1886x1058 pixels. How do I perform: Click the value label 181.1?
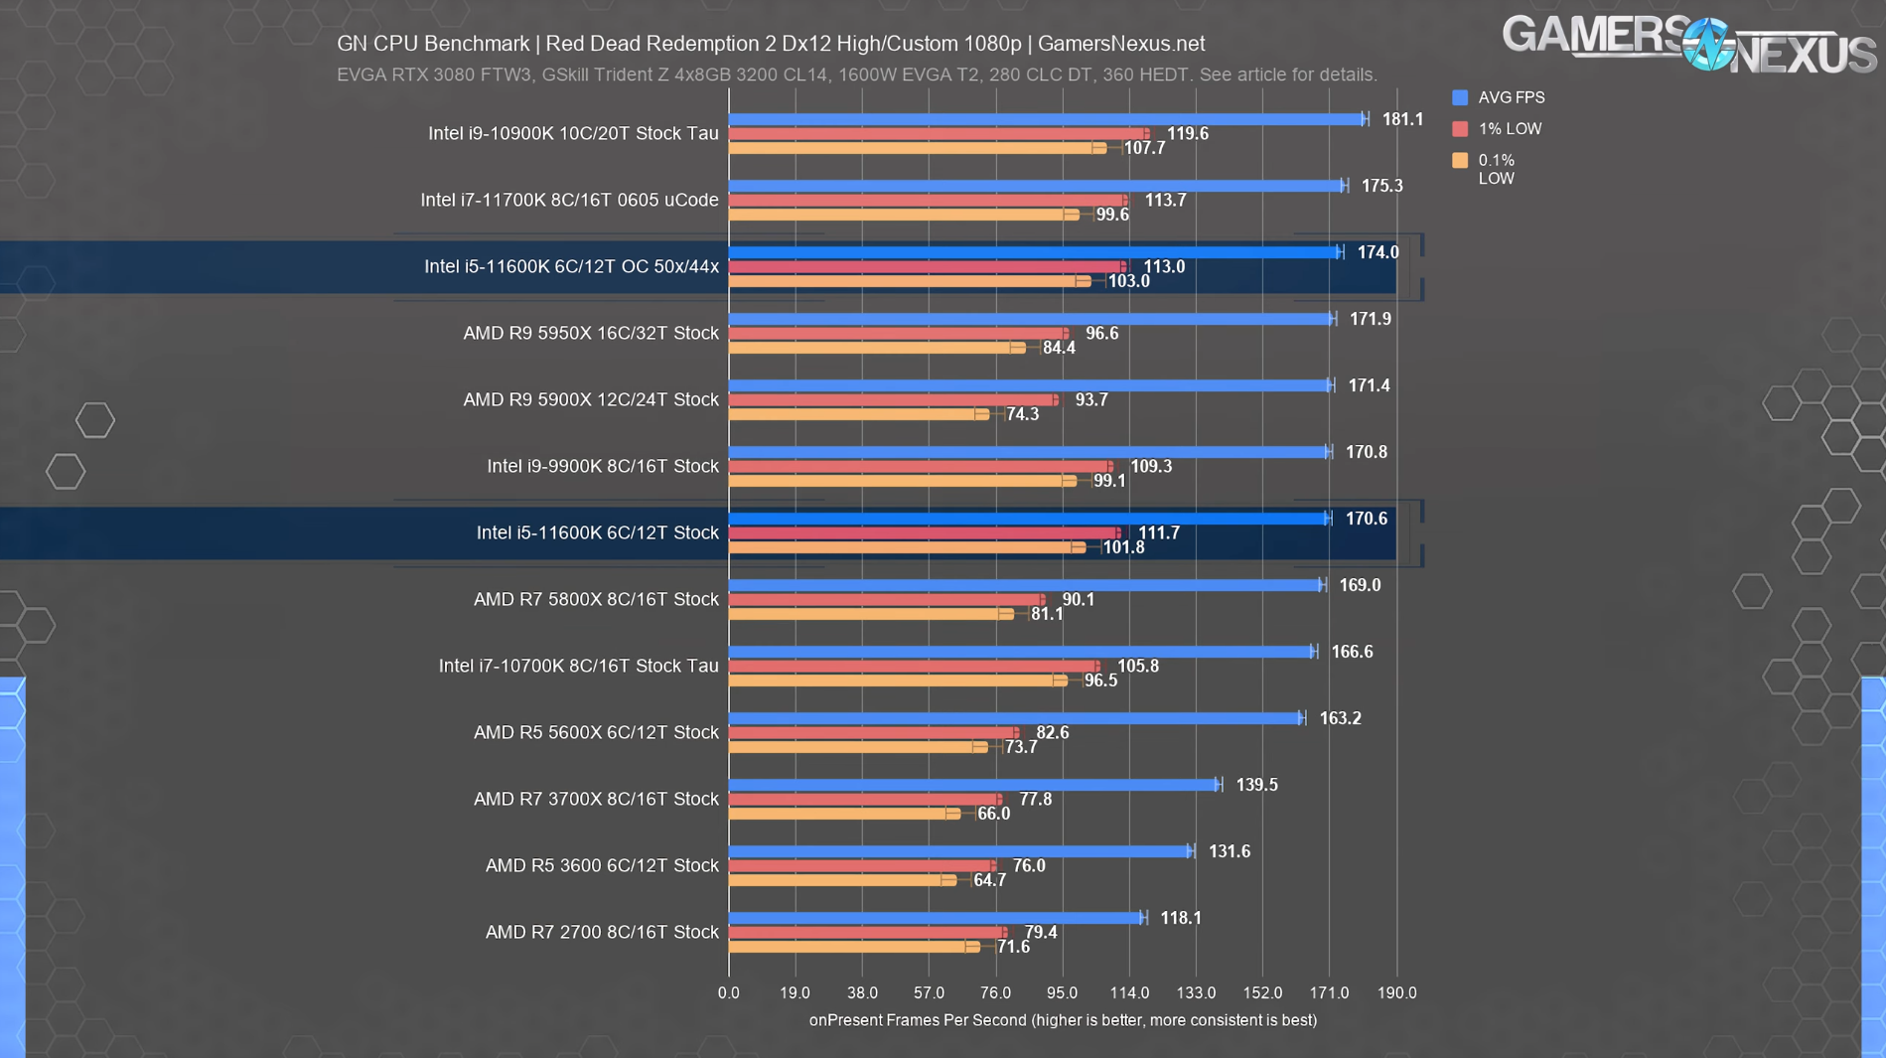(1402, 119)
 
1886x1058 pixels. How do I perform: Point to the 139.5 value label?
(1256, 785)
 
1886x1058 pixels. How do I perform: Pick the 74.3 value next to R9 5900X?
(1022, 414)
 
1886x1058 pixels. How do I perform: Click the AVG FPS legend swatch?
(1460, 97)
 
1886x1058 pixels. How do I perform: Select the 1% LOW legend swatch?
(1460, 129)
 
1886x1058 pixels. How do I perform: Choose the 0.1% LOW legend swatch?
(1460, 161)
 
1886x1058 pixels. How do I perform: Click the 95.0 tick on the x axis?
(1062, 992)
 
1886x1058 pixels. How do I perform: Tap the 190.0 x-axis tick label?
(1396, 992)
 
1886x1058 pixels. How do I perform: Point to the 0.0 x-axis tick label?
(729, 992)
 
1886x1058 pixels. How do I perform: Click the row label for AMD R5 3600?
(602, 865)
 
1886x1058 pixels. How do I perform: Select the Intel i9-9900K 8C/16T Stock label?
(603, 466)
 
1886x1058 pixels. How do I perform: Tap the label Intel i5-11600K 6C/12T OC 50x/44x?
(571, 266)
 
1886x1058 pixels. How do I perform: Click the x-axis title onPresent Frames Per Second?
(1062, 1020)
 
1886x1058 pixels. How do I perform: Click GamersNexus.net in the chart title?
(1120, 44)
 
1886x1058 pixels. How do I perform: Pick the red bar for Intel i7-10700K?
(914, 667)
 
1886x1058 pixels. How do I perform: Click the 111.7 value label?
(1158, 533)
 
